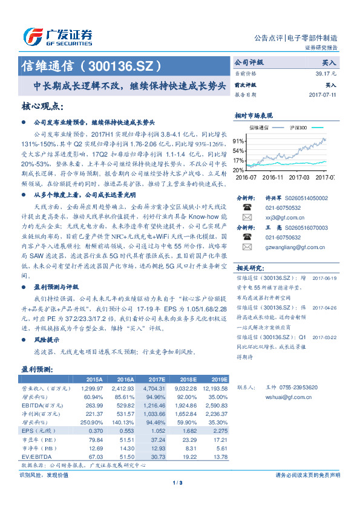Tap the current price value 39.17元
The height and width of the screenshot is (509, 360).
(x=326, y=73)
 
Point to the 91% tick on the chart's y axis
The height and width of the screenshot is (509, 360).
(x=239, y=140)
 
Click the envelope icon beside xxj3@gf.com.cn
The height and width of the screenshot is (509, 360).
(x=247, y=216)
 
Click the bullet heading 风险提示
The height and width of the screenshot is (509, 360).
(x=47, y=340)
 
